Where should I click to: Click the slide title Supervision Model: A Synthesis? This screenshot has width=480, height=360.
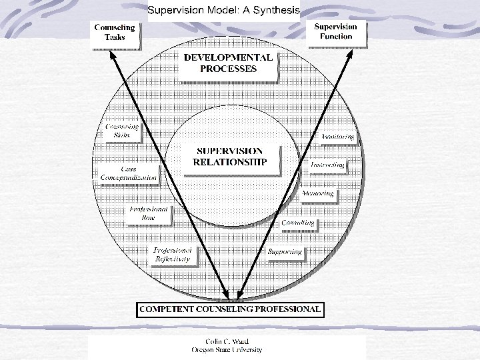pyautogui.click(x=223, y=10)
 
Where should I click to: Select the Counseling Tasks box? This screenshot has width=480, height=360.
pyautogui.click(x=117, y=33)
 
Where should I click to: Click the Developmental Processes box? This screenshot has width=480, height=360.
pyautogui.click(x=228, y=63)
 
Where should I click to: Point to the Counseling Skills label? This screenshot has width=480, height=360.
pyautogui.click(x=121, y=131)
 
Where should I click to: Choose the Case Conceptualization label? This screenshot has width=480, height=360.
pyautogui.click(x=129, y=174)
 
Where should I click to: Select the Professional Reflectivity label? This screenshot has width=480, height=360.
pyautogui.click(x=173, y=254)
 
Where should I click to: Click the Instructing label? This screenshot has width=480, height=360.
pyautogui.click(x=327, y=164)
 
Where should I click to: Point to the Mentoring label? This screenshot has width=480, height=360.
pyautogui.click(x=317, y=194)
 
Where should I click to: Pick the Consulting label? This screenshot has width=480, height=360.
pyautogui.click(x=297, y=223)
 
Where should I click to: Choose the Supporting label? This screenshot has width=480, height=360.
pyautogui.click(x=285, y=252)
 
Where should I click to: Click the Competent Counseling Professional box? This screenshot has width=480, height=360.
pyautogui.click(x=230, y=309)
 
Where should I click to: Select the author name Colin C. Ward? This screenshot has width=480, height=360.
pyautogui.click(x=227, y=341)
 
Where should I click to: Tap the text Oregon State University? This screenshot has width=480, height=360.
pyautogui.click(x=227, y=350)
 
